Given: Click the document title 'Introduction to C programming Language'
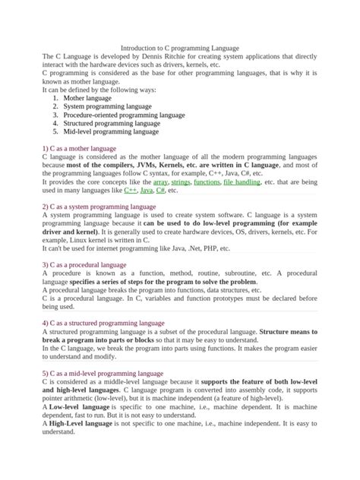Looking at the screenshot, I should [180, 47].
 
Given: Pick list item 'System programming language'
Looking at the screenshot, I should [107, 106].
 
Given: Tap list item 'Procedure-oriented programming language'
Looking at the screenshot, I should [124, 115].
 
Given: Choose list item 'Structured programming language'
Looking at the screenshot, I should [112, 123].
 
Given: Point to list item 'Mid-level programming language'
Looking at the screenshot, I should [111, 131].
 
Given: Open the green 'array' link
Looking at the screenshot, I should [159, 182].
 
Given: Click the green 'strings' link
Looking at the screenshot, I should [181, 182].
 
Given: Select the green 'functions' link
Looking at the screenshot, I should [207, 182].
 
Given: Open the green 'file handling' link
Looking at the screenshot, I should [242, 182].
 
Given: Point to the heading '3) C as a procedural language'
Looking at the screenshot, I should [84, 265].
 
